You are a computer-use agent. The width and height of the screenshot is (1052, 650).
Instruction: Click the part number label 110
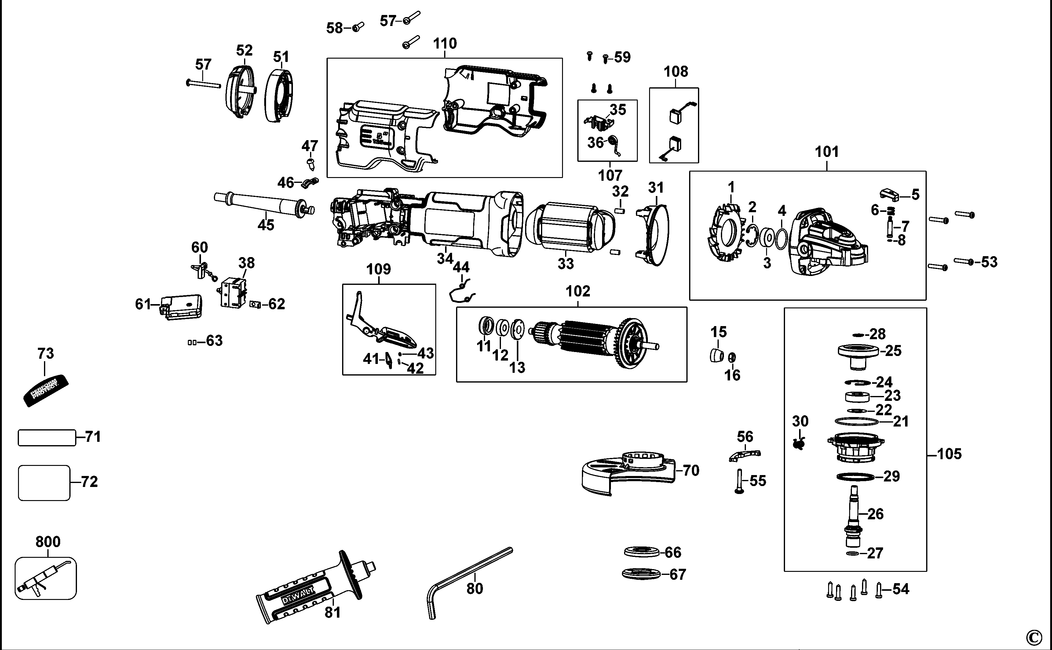coord(445,43)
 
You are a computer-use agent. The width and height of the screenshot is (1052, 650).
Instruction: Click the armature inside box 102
coord(594,344)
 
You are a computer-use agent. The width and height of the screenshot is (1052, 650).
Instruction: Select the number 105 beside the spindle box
coord(949,454)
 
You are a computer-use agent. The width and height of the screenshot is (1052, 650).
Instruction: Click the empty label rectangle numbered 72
coord(44,482)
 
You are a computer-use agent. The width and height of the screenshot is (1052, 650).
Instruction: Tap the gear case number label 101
coord(827,152)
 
